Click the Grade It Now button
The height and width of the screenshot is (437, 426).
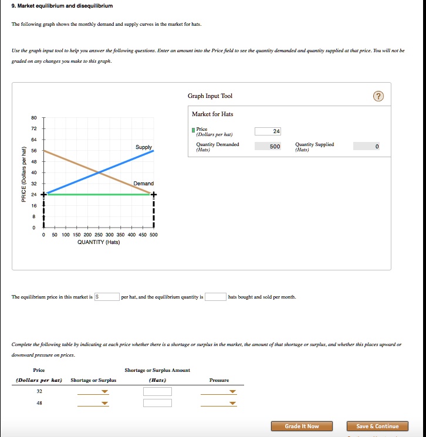(302, 426)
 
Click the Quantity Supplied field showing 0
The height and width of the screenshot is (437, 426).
(366, 146)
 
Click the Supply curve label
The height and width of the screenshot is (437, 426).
(143, 147)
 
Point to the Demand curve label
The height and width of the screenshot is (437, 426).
(143, 184)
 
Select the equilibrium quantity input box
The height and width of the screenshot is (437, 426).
(215, 297)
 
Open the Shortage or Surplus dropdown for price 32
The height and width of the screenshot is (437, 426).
(93, 392)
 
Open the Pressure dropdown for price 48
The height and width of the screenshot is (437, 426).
(218, 403)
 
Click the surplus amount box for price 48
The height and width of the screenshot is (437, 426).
(157, 403)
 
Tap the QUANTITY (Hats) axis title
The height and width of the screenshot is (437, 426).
(99, 242)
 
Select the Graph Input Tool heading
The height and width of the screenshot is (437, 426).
(210, 96)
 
